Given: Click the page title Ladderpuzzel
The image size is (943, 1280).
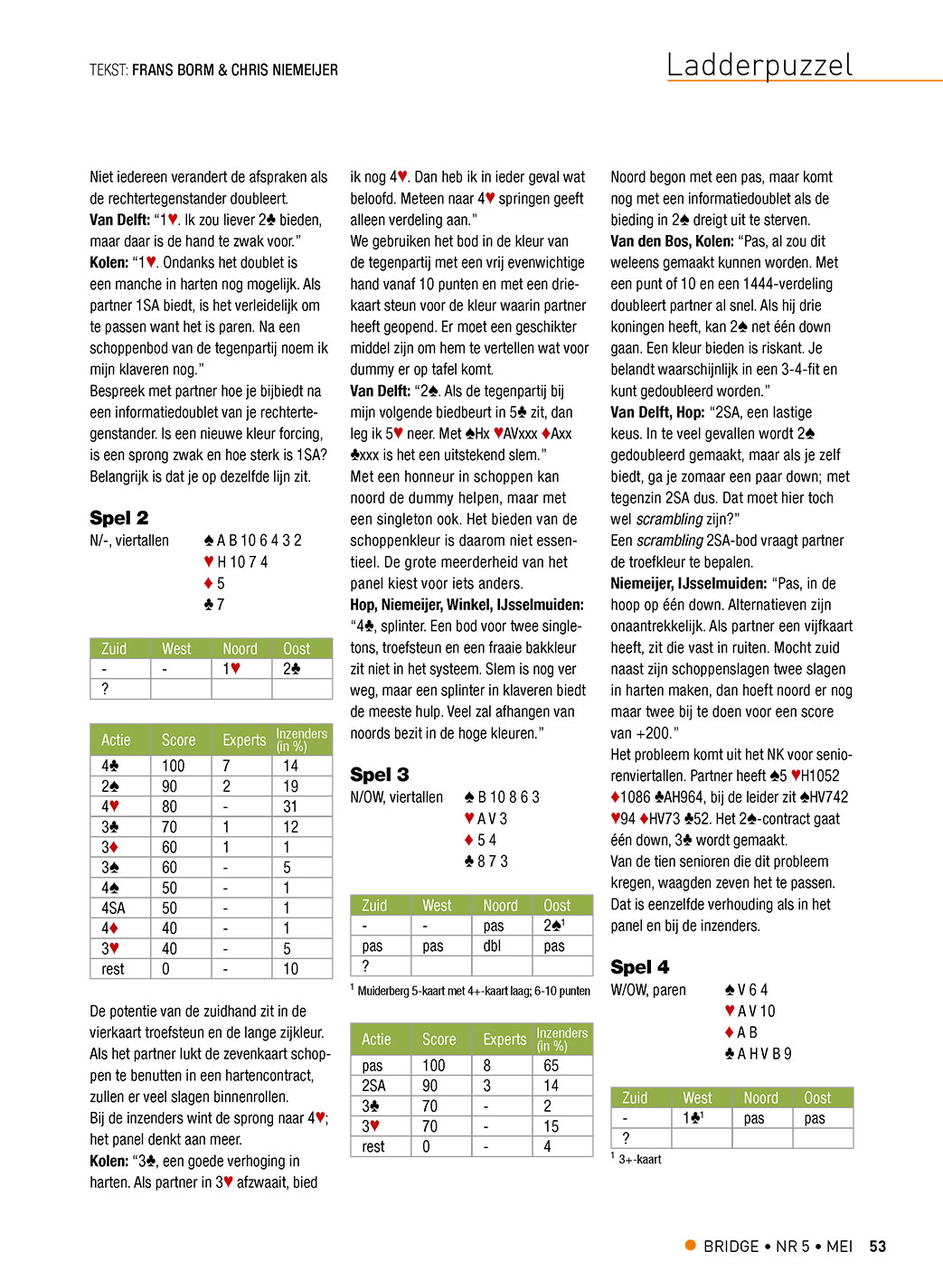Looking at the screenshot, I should (x=759, y=65).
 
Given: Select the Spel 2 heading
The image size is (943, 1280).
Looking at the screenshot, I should (x=118, y=518).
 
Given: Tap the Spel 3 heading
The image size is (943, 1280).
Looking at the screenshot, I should (x=379, y=775).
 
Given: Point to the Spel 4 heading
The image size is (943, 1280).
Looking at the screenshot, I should (x=639, y=967).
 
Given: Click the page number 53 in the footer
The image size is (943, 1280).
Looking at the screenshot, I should (x=877, y=1247).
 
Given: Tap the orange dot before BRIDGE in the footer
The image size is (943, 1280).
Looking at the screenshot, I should (x=691, y=1246).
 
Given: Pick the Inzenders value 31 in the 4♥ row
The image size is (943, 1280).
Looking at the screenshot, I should (x=290, y=806).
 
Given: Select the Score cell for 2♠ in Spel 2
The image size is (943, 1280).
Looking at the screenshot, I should (x=169, y=786).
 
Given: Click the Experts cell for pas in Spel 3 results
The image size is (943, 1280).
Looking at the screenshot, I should (x=487, y=1066).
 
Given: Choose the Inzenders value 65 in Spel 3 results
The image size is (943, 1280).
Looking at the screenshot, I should (x=551, y=1066).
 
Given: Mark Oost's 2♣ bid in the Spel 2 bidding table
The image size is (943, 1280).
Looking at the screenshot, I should (x=291, y=669).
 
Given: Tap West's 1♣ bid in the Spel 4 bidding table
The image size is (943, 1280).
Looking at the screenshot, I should (x=693, y=1118).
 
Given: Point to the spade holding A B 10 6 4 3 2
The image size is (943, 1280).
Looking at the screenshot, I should (x=253, y=541).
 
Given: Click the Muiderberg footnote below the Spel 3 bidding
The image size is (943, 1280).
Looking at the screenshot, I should (x=470, y=991).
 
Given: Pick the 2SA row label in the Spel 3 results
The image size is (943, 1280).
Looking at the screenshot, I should (x=373, y=1086).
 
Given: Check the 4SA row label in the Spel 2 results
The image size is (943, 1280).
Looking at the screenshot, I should (x=113, y=908).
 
